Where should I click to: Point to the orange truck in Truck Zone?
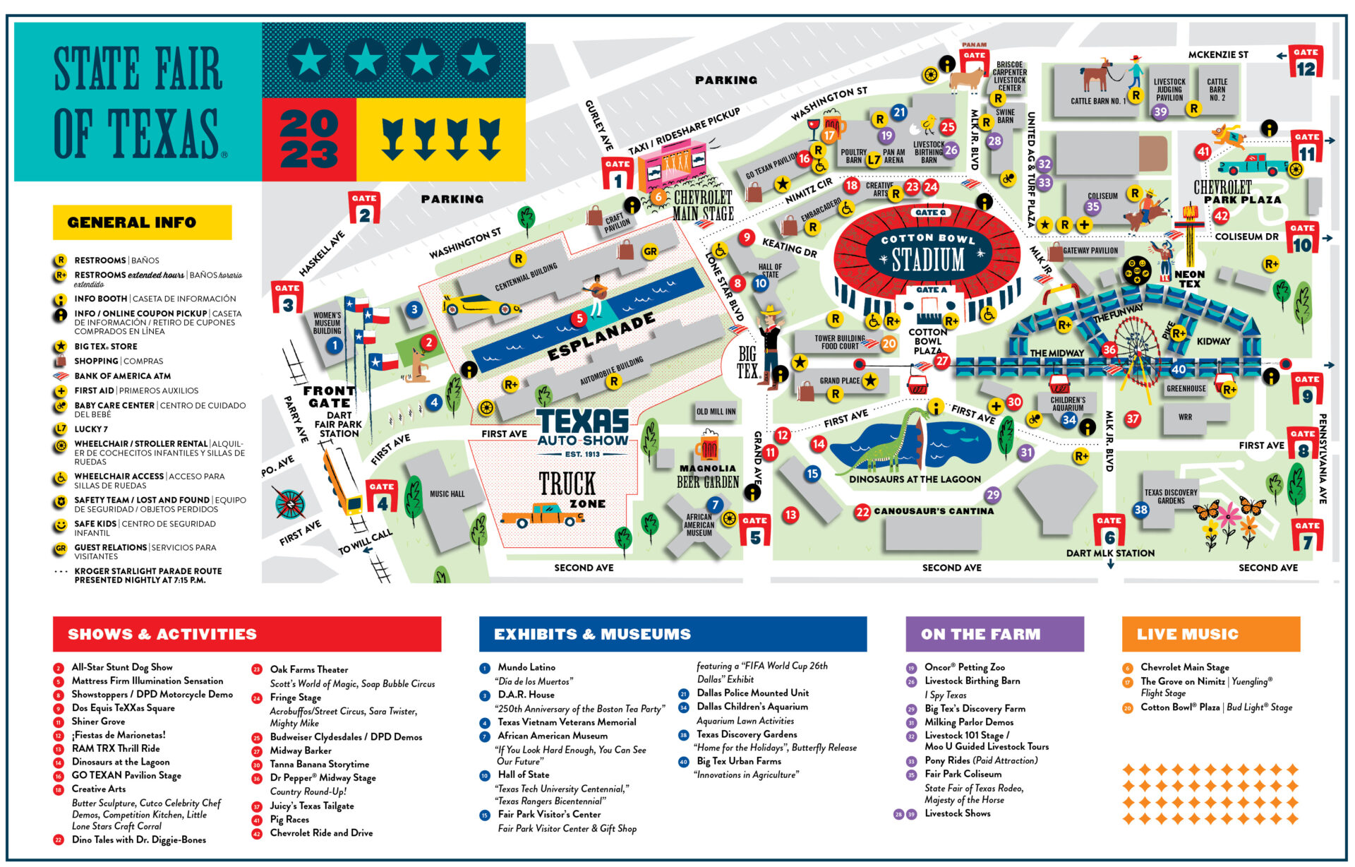[541, 515]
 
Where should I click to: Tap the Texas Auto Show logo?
[582, 431]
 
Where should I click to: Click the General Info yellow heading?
[142, 222]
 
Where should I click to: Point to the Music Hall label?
[447, 494]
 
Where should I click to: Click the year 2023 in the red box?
[308, 140]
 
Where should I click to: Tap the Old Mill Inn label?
[716, 412]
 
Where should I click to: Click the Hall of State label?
[770, 270]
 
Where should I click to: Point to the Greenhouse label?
[1186, 388]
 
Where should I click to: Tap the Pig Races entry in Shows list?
[289, 819]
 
